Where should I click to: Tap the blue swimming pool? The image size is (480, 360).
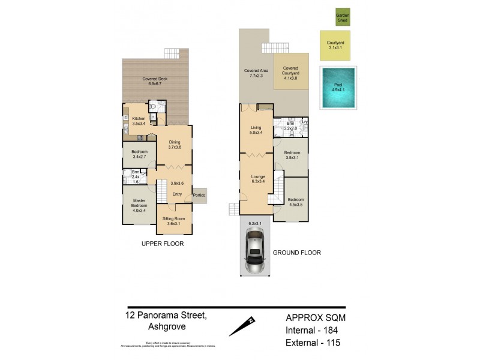338,88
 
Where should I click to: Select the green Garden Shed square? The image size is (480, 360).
342,17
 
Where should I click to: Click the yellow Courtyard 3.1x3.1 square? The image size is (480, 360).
335,46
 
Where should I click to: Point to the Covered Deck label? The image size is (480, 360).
154,82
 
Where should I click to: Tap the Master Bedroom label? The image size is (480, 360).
139,205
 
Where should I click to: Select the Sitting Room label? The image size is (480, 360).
175,221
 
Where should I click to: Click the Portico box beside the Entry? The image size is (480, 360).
199,196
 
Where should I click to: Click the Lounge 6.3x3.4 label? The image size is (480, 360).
257,178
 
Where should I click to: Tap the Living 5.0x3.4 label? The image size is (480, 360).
256,130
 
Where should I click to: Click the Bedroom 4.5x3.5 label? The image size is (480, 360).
295,202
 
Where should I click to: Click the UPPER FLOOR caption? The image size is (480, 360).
162,244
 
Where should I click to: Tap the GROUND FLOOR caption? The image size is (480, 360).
296,253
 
